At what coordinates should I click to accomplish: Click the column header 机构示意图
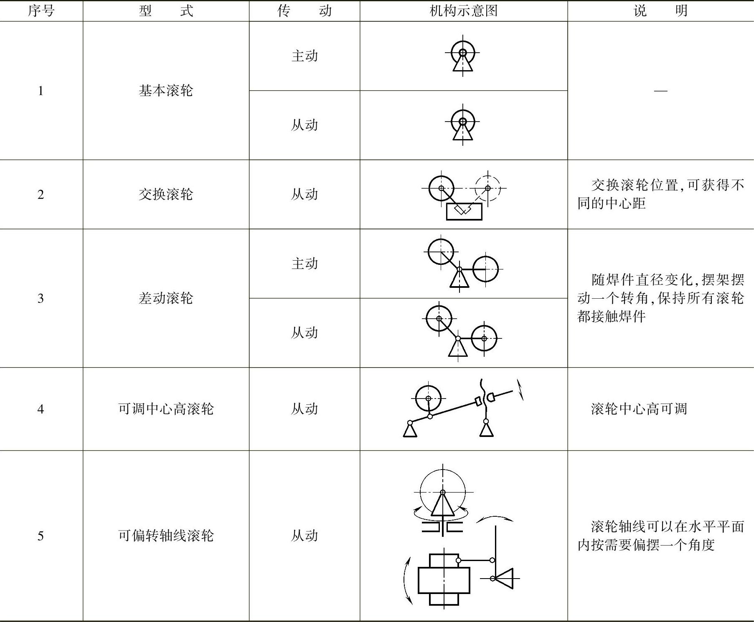[463, 10]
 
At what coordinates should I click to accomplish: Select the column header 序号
[41, 10]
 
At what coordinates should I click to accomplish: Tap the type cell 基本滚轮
[166, 91]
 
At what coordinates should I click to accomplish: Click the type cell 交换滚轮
[166, 194]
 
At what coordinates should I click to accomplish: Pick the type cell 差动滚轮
[166, 298]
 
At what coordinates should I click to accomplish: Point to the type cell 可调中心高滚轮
[166, 409]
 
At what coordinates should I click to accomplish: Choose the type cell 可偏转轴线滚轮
[166, 536]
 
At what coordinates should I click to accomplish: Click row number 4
[41, 409]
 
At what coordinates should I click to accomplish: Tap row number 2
[41, 195]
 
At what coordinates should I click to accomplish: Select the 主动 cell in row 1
[305, 56]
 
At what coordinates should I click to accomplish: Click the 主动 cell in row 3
[305, 264]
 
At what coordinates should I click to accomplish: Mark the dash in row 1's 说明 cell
[660, 91]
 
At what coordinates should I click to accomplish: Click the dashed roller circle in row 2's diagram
[487, 188]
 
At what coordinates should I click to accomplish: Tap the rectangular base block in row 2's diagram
[464, 212]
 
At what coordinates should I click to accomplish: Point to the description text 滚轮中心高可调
[639, 409]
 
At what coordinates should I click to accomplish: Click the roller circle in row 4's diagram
[428, 399]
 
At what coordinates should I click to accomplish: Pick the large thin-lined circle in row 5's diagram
[443, 492]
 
